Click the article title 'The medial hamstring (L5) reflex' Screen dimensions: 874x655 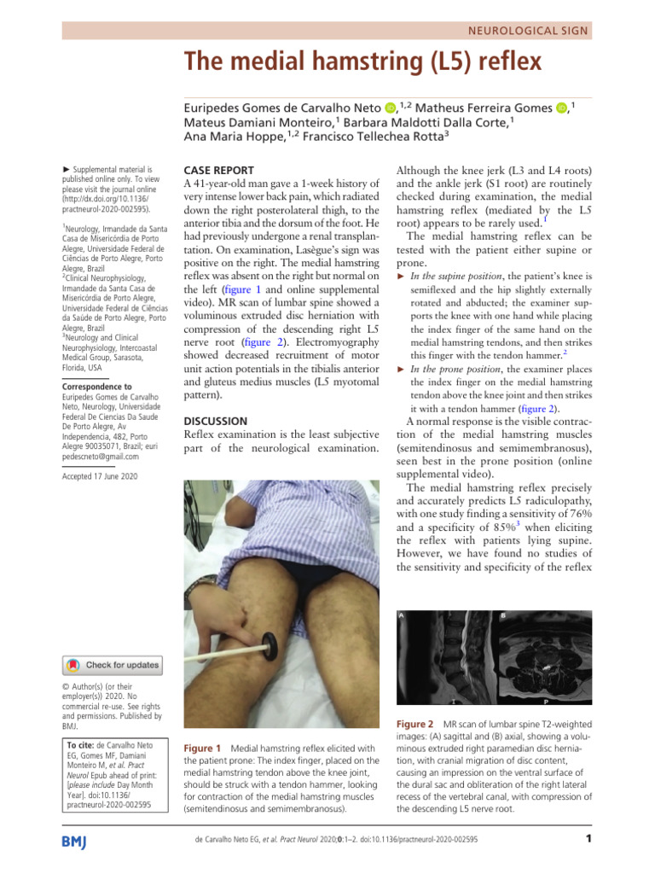tap(363, 63)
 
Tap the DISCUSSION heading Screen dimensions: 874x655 tap(216, 421)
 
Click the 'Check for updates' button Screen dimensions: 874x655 tap(110, 664)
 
